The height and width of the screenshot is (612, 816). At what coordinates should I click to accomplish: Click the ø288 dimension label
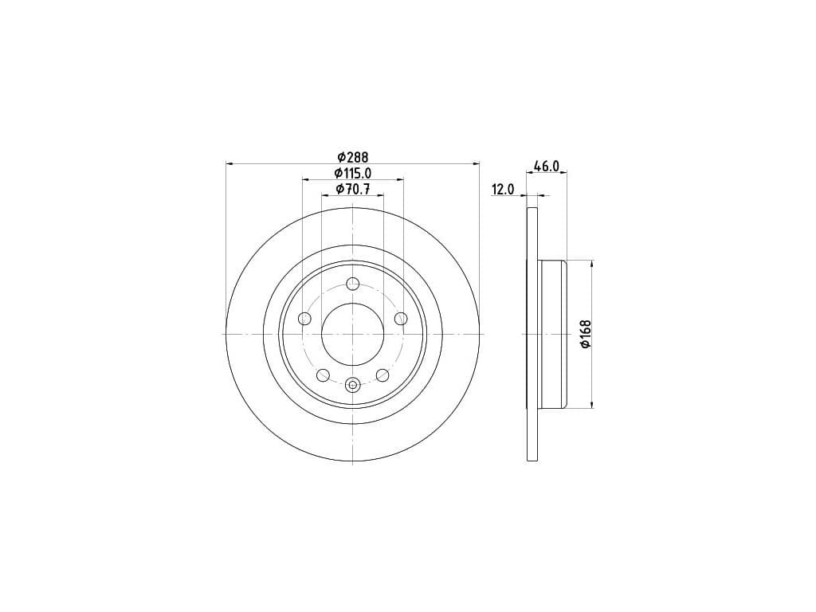click(x=352, y=156)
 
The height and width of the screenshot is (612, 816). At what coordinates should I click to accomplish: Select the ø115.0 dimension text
click(x=352, y=173)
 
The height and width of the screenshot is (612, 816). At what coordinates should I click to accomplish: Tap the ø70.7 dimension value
click(x=352, y=189)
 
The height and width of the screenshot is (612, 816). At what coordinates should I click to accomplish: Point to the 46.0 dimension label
click(x=546, y=167)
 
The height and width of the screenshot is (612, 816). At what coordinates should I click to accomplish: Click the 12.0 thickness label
click(x=503, y=190)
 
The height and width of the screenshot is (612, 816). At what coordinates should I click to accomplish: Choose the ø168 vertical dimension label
click(x=586, y=334)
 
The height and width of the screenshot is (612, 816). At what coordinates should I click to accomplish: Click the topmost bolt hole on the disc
click(x=353, y=284)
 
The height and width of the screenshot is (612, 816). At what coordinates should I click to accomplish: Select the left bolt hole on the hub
click(x=304, y=319)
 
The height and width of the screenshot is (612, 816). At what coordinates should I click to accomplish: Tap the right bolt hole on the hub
click(x=401, y=319)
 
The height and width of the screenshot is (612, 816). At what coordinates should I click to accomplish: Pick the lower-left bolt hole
click(x=324, y=375)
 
